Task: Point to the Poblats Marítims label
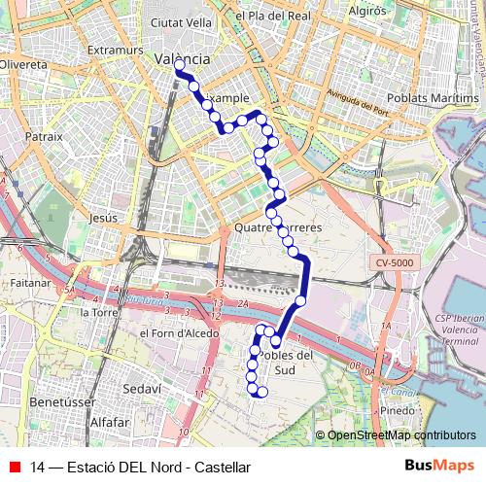[433, 98]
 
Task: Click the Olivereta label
[23, 63]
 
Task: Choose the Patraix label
[44, 137]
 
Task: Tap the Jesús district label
[102, 219]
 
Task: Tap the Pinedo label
[397, 411]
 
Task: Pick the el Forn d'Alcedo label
[179, 332]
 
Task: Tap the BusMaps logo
[440, 467]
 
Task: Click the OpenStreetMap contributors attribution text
[401, 435]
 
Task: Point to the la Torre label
[98, 313]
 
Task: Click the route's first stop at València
[180, 65]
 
